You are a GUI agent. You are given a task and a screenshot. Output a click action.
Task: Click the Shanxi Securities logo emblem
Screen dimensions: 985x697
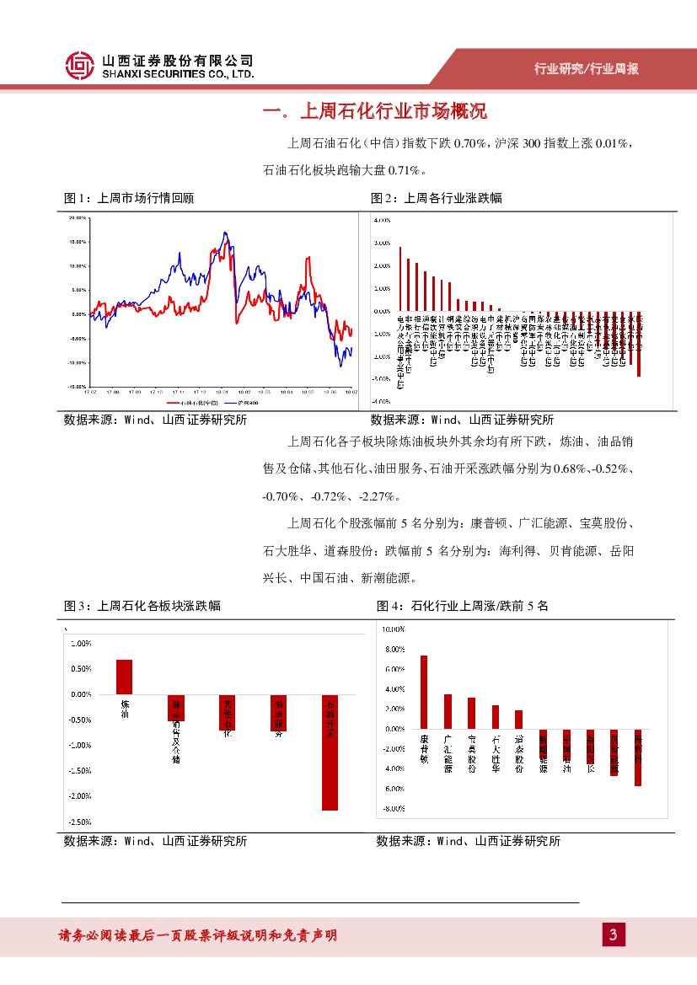tap(79, 67)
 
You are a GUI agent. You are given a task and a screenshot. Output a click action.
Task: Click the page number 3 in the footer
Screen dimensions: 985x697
tap(614, 934)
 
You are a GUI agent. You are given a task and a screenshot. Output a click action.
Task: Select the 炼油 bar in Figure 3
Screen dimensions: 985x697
tap(125, 677)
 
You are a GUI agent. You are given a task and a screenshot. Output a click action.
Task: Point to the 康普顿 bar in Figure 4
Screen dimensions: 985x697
tap(424, 692)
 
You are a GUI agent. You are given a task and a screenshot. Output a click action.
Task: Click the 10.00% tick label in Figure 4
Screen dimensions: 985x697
tap(394, 629)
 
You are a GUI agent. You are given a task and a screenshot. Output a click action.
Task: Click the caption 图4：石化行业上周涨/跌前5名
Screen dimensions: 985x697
tap(462, 605)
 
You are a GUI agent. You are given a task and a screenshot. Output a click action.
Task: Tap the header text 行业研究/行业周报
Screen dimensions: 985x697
tap(587, 69)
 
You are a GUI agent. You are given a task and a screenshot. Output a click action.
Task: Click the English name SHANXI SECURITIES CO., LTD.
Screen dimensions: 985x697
tap(177, 75)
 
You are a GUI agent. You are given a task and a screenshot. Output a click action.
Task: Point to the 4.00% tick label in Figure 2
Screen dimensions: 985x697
tap(380, 220)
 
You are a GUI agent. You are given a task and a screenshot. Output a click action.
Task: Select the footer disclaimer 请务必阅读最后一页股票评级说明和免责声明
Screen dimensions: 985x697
tap(197, 935)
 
